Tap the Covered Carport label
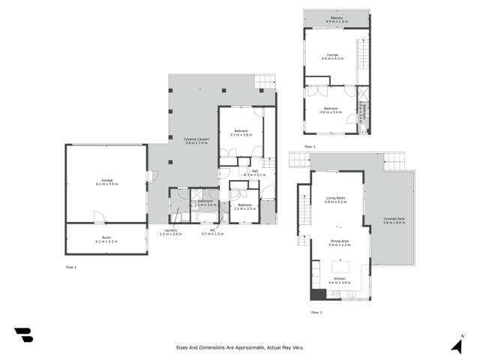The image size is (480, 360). tap(196, 140)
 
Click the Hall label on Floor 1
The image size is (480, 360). tap(254, 172)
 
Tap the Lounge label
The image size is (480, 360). tap(333, 55)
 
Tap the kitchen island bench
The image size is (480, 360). tap(341, 266)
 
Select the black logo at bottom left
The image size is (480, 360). tap(23, 335)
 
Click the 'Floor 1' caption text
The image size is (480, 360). tap(71, 266)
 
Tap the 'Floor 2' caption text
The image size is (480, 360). tap(316, 311)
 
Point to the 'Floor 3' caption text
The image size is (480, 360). tap(310, 145)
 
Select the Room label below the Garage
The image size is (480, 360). tap(106, 241)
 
